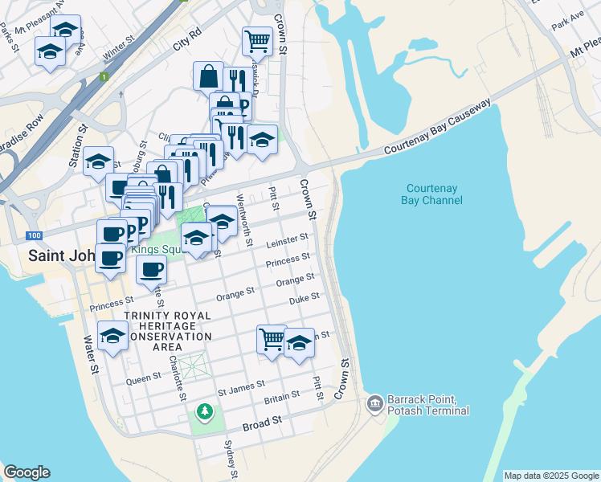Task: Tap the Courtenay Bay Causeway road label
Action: click(x=437, y=128)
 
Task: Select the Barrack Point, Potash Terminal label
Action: click(x=427, y=405)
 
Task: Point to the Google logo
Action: click(x=27, y=472)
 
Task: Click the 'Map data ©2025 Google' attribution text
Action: click(x=550, y=476)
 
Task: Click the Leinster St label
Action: click(x=287, y=240)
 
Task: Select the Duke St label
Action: click(x=304, y=300)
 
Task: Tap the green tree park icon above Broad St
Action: click(x=206, y=411)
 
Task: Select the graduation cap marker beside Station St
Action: click(x=99, y=161)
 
